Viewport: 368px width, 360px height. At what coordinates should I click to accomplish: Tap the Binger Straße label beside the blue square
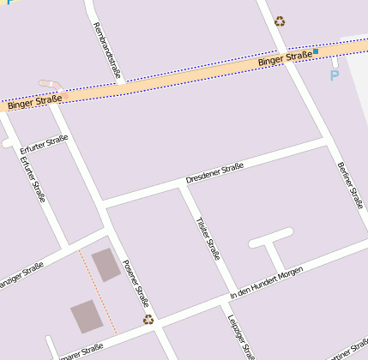[x=285, y=59]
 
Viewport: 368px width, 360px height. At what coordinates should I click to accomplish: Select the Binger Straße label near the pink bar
[x=34, y=103]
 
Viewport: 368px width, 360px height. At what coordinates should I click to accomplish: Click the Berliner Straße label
[x=350, y=184]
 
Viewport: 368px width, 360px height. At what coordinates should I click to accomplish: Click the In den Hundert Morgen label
[x=266, y=283]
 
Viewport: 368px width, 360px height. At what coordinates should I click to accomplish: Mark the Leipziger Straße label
[x=241, y=337]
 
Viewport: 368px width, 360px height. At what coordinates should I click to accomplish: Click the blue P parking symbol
[x=335, y=75]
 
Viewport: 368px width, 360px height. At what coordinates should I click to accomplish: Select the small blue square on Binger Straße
[x=316, y=51]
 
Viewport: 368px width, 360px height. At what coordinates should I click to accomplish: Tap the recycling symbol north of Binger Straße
[x=280, y=21]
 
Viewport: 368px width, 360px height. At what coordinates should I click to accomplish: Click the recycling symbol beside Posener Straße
[x=148, y=319]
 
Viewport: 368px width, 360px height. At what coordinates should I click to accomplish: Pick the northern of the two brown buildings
[x=106, y=265]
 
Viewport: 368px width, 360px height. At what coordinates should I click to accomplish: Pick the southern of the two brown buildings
[x=85, y=316]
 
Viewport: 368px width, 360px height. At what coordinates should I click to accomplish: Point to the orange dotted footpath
[x=98, y=291]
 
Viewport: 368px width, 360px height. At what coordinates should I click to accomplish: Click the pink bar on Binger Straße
[x=51, y=84]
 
